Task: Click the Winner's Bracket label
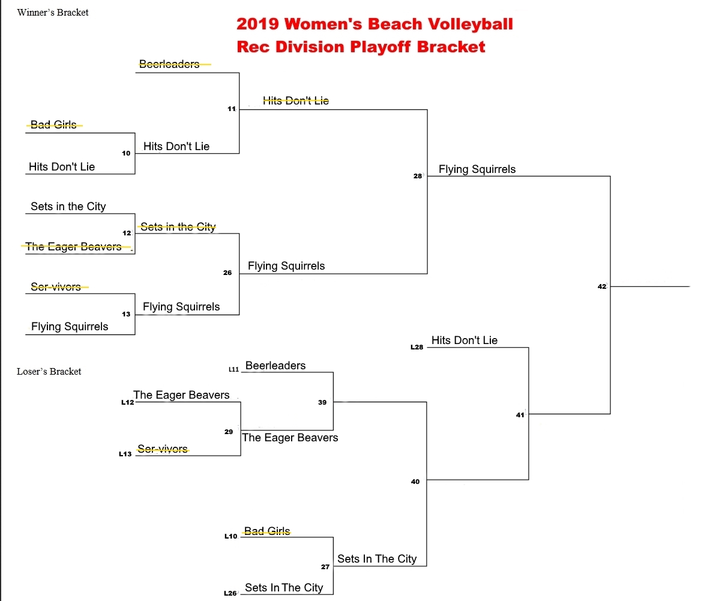click(x=53, y=13)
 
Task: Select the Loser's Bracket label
click(x=49, y=372)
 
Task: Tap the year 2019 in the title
click(x=258, y=24)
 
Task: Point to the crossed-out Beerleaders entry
click(x=170, y=64)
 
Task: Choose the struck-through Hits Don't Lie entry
click(x=296, y=101)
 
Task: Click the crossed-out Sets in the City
click(x=178, y=227)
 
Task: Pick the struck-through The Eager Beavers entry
click(x=74, y=246)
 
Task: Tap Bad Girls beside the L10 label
click(x=267, y=531)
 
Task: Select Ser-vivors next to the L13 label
click(x=163, y=448)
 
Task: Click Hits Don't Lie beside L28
click(x=465, y=340)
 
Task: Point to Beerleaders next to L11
click(x=275, y=366)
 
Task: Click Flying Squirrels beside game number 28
click(x=477, y=169)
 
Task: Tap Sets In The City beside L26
click(x=284, y=588)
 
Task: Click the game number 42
click(x=603, y=287)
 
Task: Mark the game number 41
click(x=520, y=415)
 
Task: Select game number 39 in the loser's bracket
click(x=322, y=402)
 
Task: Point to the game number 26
click(x=227, y=273)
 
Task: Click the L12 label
click(x=127, y=402)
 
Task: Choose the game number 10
click(x=126, y=153)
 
